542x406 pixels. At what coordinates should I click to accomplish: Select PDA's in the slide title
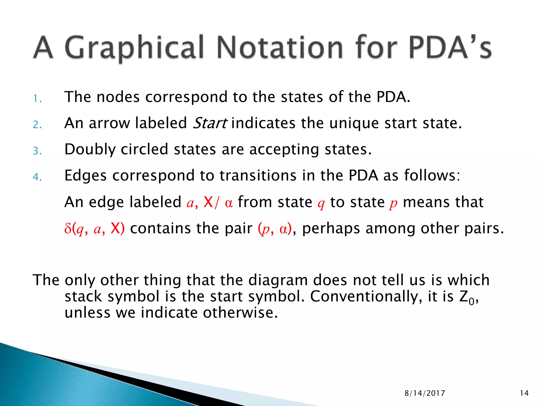pos(450,48)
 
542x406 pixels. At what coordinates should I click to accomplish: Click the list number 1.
pos(37,99)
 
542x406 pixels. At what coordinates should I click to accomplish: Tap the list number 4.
pos(37,177)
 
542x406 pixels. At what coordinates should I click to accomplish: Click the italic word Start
pos(209,123)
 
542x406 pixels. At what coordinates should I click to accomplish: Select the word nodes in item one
pos(118,97)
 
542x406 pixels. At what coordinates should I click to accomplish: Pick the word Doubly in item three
pos(90,150)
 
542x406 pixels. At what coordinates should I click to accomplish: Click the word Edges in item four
pos(85,176)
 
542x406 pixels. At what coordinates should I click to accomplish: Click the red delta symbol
pos(68,229)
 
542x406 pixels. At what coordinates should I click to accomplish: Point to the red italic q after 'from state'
pos(321,203)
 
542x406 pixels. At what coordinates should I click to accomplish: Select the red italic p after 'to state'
pos(393,203)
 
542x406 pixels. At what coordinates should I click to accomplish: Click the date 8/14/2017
pos(425,393)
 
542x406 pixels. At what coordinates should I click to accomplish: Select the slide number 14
pos(524,393)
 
